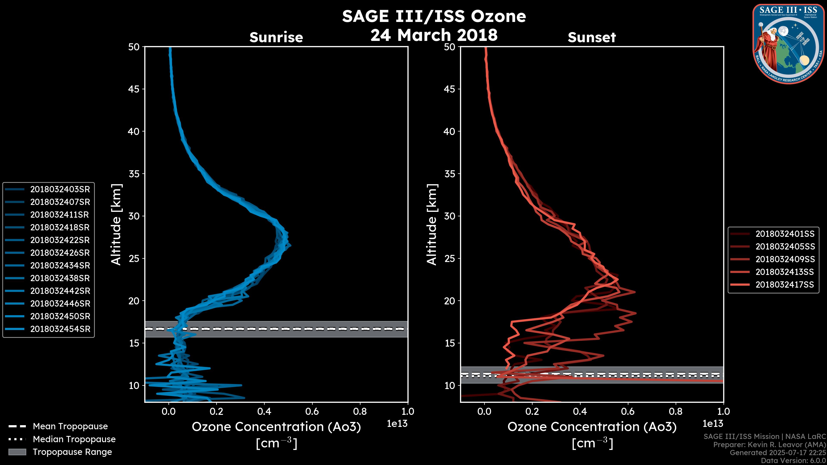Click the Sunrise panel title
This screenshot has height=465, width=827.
coord(276,37)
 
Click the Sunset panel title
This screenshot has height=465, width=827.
coord(592,37)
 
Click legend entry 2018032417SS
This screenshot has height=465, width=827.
coord(785,284)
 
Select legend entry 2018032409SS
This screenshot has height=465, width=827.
coord(785,259)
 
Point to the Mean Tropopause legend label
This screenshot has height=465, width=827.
coord(70,426)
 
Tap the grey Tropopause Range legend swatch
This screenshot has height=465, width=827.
coord(17,452)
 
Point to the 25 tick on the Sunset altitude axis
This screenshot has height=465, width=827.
coord(449,258)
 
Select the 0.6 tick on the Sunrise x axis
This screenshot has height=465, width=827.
coord(312,411)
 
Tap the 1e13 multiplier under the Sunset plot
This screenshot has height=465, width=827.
coord(713,424)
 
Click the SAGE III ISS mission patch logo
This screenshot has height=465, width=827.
coord(788,44)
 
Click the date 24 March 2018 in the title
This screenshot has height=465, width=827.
coord(434,35)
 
